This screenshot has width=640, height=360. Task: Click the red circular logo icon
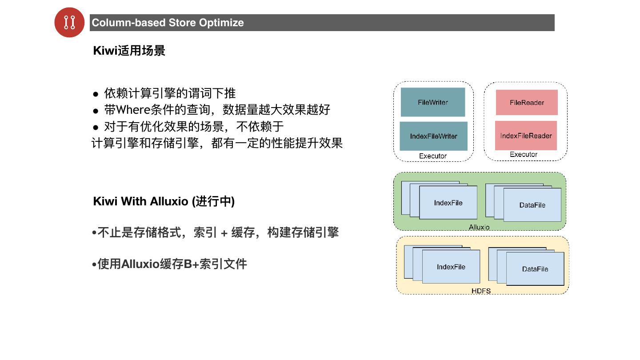(69, 22)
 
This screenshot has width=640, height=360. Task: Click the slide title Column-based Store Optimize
(168, 23)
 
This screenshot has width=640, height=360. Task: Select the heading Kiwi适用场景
(129, 51)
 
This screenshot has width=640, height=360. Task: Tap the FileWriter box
(432, 102)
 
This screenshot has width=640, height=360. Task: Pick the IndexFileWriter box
(433, 136)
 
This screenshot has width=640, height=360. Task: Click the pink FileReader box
(527, 103)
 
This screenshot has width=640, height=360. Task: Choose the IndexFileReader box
(526, 136)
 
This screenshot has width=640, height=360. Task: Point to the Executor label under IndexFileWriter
(433, 156)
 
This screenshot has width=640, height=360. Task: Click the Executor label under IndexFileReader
(524, 154)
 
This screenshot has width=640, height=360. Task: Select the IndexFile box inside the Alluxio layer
(448, 203)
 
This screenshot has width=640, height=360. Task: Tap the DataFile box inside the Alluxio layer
(532, 205)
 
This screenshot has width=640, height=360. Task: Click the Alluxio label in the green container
(479, 227)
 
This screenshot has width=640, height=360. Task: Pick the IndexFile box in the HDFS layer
(451, 267)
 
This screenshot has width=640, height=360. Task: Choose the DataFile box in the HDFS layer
(535, 269)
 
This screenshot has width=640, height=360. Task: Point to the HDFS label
(481, 291)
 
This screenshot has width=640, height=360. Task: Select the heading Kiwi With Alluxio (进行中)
(164, 201)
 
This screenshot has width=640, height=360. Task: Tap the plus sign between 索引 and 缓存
(224, 232)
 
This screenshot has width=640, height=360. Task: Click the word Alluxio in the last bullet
(140, 264)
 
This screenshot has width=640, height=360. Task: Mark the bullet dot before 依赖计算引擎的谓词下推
(96, 94)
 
